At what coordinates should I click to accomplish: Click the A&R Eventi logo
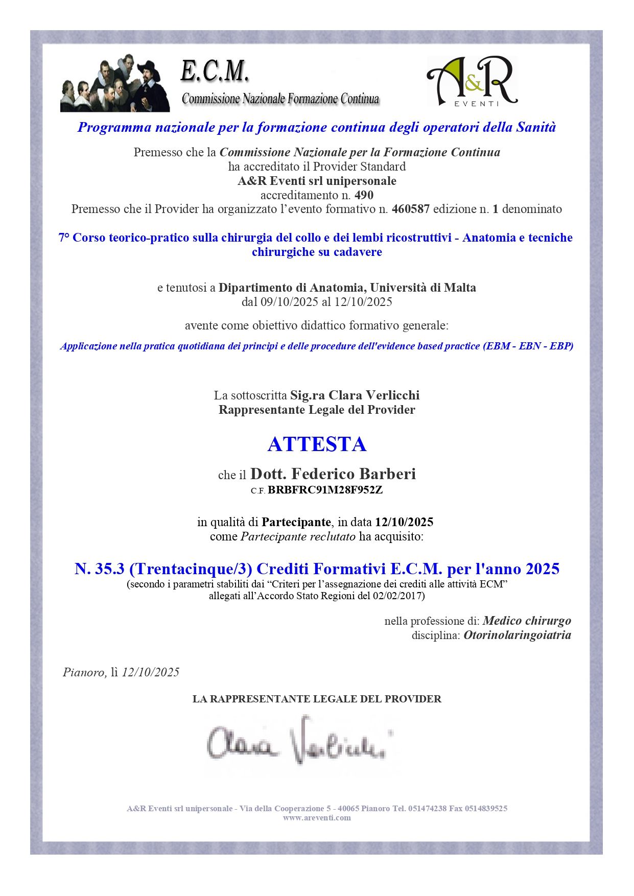pos(472,82)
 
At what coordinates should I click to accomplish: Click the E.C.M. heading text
pos(215,72)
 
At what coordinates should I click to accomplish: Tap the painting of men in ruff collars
pos(115,83)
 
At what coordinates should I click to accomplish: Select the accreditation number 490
pos(364,195)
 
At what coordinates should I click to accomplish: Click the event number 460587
pos(410,209)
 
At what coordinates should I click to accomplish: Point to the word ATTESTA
pos(317,444)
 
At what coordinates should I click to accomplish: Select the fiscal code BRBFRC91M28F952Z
pos(325,490)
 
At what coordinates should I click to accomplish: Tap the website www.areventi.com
pos(317,818)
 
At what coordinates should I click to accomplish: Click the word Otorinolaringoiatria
pos(517,635)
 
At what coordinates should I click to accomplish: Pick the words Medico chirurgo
pos(527,621)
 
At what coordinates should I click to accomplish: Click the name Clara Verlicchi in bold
pos(374,395)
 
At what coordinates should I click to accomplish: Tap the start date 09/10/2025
pos(289,302)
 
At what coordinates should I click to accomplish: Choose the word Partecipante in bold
pos(296,522)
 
